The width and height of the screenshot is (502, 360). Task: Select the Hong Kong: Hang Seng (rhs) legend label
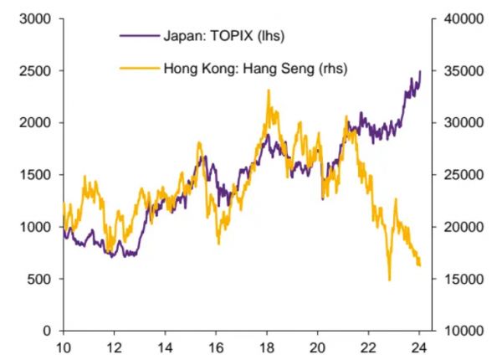254,68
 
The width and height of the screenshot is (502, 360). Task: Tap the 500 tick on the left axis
37,279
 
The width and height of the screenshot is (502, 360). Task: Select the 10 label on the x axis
63,347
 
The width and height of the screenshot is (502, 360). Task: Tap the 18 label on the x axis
267,347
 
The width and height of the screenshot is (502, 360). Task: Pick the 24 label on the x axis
420,347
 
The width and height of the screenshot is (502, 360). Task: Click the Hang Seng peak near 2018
269,90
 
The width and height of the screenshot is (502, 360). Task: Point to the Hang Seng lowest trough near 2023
389,280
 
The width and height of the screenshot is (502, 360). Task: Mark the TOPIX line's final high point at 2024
419,72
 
